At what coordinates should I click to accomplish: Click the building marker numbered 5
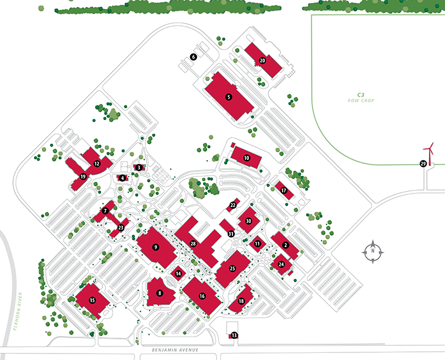pyautogui.click(x=229, y=96)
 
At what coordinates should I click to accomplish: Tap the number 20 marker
pyautogui.click(x=263, y=61)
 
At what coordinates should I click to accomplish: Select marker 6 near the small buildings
pyautogui.click(x=192, y=57)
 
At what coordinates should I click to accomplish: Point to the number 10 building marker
pyautogui.click(x=247, y=158)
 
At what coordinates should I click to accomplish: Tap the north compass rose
pyautogui.click(x=372, y=251)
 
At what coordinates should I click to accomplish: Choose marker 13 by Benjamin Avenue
pyautogui.click(x=234, y=335)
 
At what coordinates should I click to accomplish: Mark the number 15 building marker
pyautogui.click(x=92, y=300)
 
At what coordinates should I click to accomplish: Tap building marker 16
pyautogui.click(x=202, y=296)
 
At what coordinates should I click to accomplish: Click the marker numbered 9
pyautogui.click(x=156, y=247)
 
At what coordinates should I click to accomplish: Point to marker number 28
pyautogui.click(x=193, y=243)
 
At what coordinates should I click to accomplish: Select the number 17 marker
pyautogui.click(x=284, y=191)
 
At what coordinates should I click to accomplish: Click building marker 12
pyautogui.click(x=97, y=163)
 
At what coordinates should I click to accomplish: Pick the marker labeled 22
pyautogui.click(x=233, y=205)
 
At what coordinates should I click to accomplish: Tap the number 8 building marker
pyautogui.click(x=159, y=292)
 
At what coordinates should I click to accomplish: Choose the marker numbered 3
pyautogui.click(x=138, y=168)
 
